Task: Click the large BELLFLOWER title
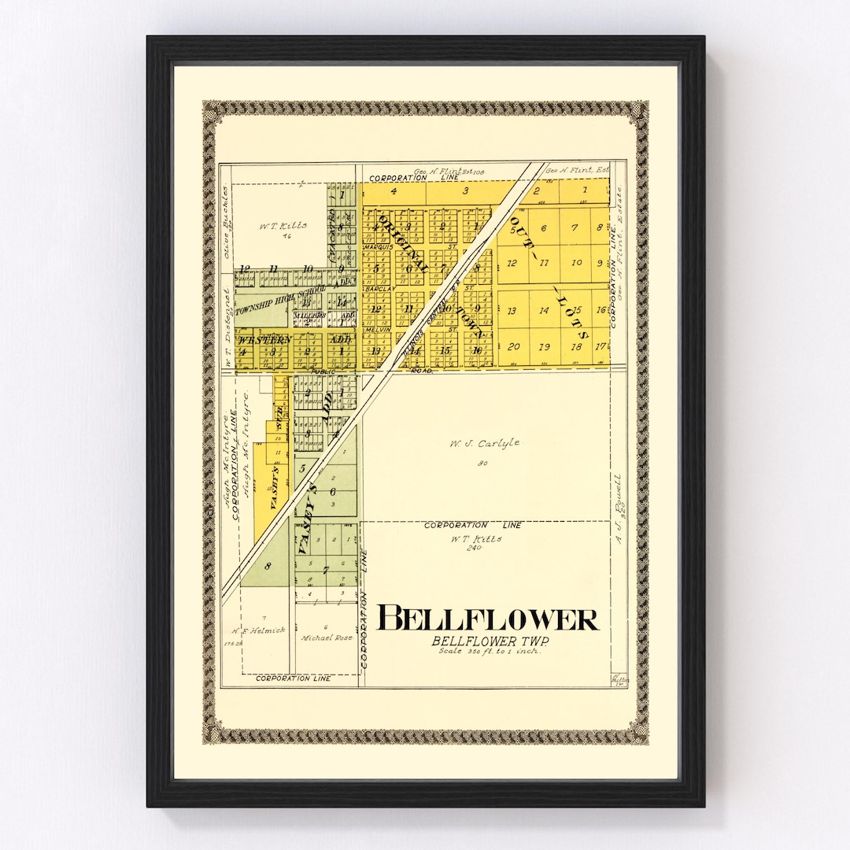point(488,619)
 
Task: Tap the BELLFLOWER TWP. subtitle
point(490,641)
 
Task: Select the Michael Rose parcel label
point(327,637)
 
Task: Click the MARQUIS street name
point(376,248)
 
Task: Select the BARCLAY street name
point(376,289)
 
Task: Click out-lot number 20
point(513,346)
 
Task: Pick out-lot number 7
point(575,228)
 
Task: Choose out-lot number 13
point(512,311)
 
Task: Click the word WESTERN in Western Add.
point(260,340)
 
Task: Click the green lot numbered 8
point(268,565)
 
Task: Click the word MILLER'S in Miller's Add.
point(309,315)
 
